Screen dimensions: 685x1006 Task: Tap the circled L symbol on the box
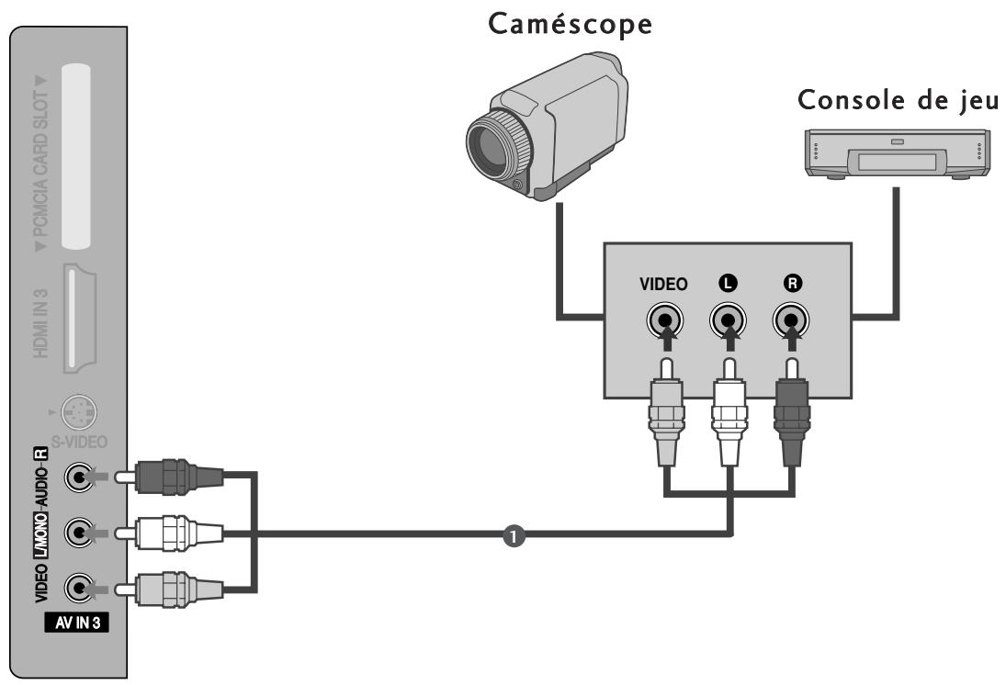coord(729,285)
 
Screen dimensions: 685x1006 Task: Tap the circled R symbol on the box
coord(790,285)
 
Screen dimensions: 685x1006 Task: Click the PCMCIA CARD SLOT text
coord(39,155)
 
